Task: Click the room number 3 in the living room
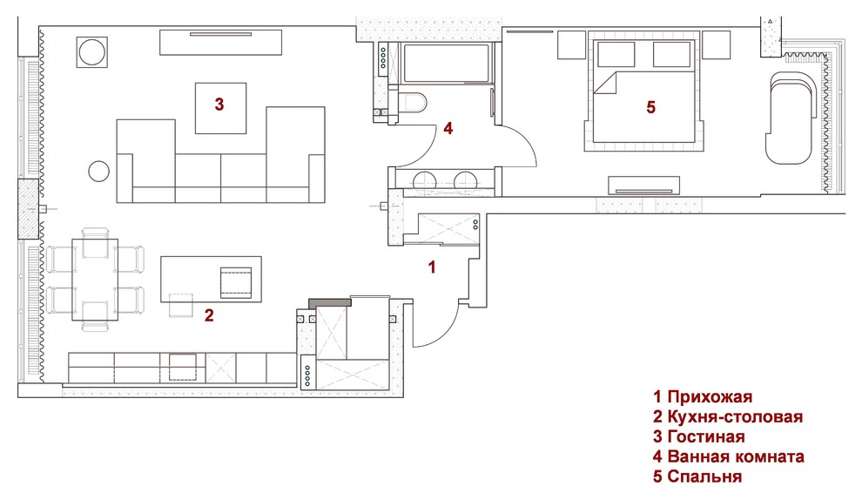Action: tap(219, 104)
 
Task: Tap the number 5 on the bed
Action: tap(651, 107)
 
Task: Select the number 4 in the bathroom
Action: tap(448, 129)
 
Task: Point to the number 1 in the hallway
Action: tap(432, 267)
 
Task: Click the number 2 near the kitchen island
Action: tap(209, 315)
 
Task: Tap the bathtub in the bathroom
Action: tap(447, 64)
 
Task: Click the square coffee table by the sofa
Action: tap(221, 108)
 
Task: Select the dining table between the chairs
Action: tap(95, 280)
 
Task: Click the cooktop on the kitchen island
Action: tap(236, 283)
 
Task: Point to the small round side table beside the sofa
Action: tap(99, 171)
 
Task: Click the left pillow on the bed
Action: tap(616, 55)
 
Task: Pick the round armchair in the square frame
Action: tap(91, 52)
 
